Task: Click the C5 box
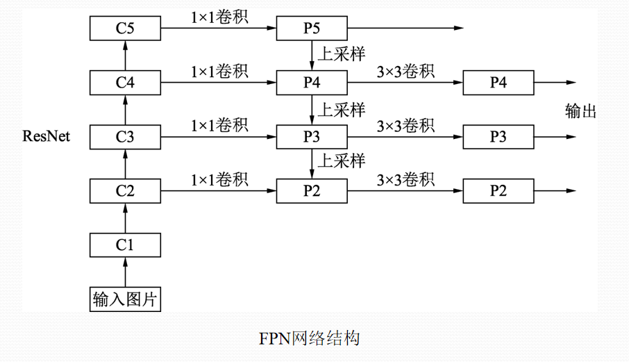(125, 28)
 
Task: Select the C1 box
(125, 245)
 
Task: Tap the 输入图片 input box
(125, 299)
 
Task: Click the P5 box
(312, 28)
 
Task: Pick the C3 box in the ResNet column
(125, 137)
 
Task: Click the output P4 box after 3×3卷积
(498, 83)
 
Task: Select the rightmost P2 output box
(498, 191)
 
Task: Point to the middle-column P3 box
(312, 137)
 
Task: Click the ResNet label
(47, 134)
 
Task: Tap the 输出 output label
(581, 111)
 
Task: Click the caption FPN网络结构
(310, 338)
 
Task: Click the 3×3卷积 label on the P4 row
(405, 71)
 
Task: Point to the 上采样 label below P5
(341, 53)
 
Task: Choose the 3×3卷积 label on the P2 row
(405, 179)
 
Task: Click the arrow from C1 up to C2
(125, 218)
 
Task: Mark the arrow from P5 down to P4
(312, 56)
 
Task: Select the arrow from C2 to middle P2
(219, 191)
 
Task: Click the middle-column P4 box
(312, 83)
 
